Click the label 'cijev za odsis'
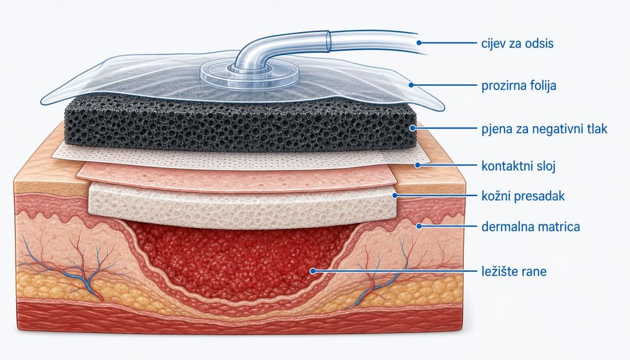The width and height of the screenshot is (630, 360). coord(517,43)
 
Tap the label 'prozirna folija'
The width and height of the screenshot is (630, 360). coord(519,85)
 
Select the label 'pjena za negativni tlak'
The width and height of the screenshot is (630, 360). coord(544,129)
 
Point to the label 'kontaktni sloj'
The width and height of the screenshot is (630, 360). coord(518,166)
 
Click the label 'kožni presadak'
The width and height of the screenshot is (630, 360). coord(523,196)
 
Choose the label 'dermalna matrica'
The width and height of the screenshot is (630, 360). coord(530,227)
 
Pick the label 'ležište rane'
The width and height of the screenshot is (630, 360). coord(514,271)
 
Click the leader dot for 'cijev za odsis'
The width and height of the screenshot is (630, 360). coord(419,42)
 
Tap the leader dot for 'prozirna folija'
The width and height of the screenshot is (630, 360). coord(411,85)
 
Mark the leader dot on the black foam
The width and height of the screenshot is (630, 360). coord(412,128)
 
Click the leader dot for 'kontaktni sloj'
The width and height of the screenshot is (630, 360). coord(418,165)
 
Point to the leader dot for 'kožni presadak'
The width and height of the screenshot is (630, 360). coord(395,195)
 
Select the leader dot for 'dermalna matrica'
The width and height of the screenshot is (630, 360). coord(419,226)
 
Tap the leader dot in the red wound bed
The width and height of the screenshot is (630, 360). coord(313,271)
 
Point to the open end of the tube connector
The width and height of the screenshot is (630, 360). coord(328,42)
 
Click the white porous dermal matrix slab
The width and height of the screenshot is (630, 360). coord(242,205)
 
